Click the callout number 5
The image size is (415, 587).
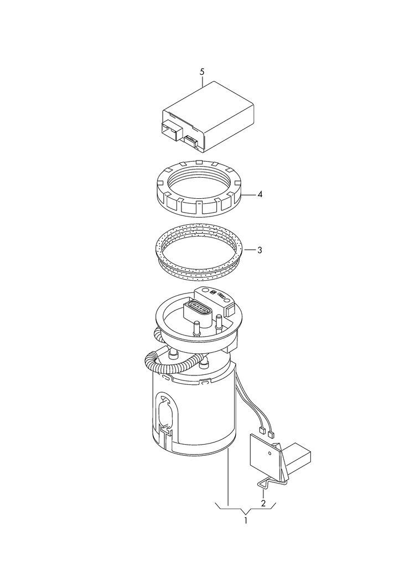[x=203, y=71]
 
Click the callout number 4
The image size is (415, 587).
[x=260, y=195]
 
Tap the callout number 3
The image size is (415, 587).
[x=260, y=250]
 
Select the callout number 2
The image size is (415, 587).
[x=263, y=503]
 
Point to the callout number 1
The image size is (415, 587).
[x=246, y=521]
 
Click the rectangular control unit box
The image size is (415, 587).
[x=208, y=117]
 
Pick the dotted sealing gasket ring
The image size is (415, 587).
[x=199, y=251]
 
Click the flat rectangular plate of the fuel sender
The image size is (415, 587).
[x=266, y=455]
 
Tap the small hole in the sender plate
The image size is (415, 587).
[x=270, y=452]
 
